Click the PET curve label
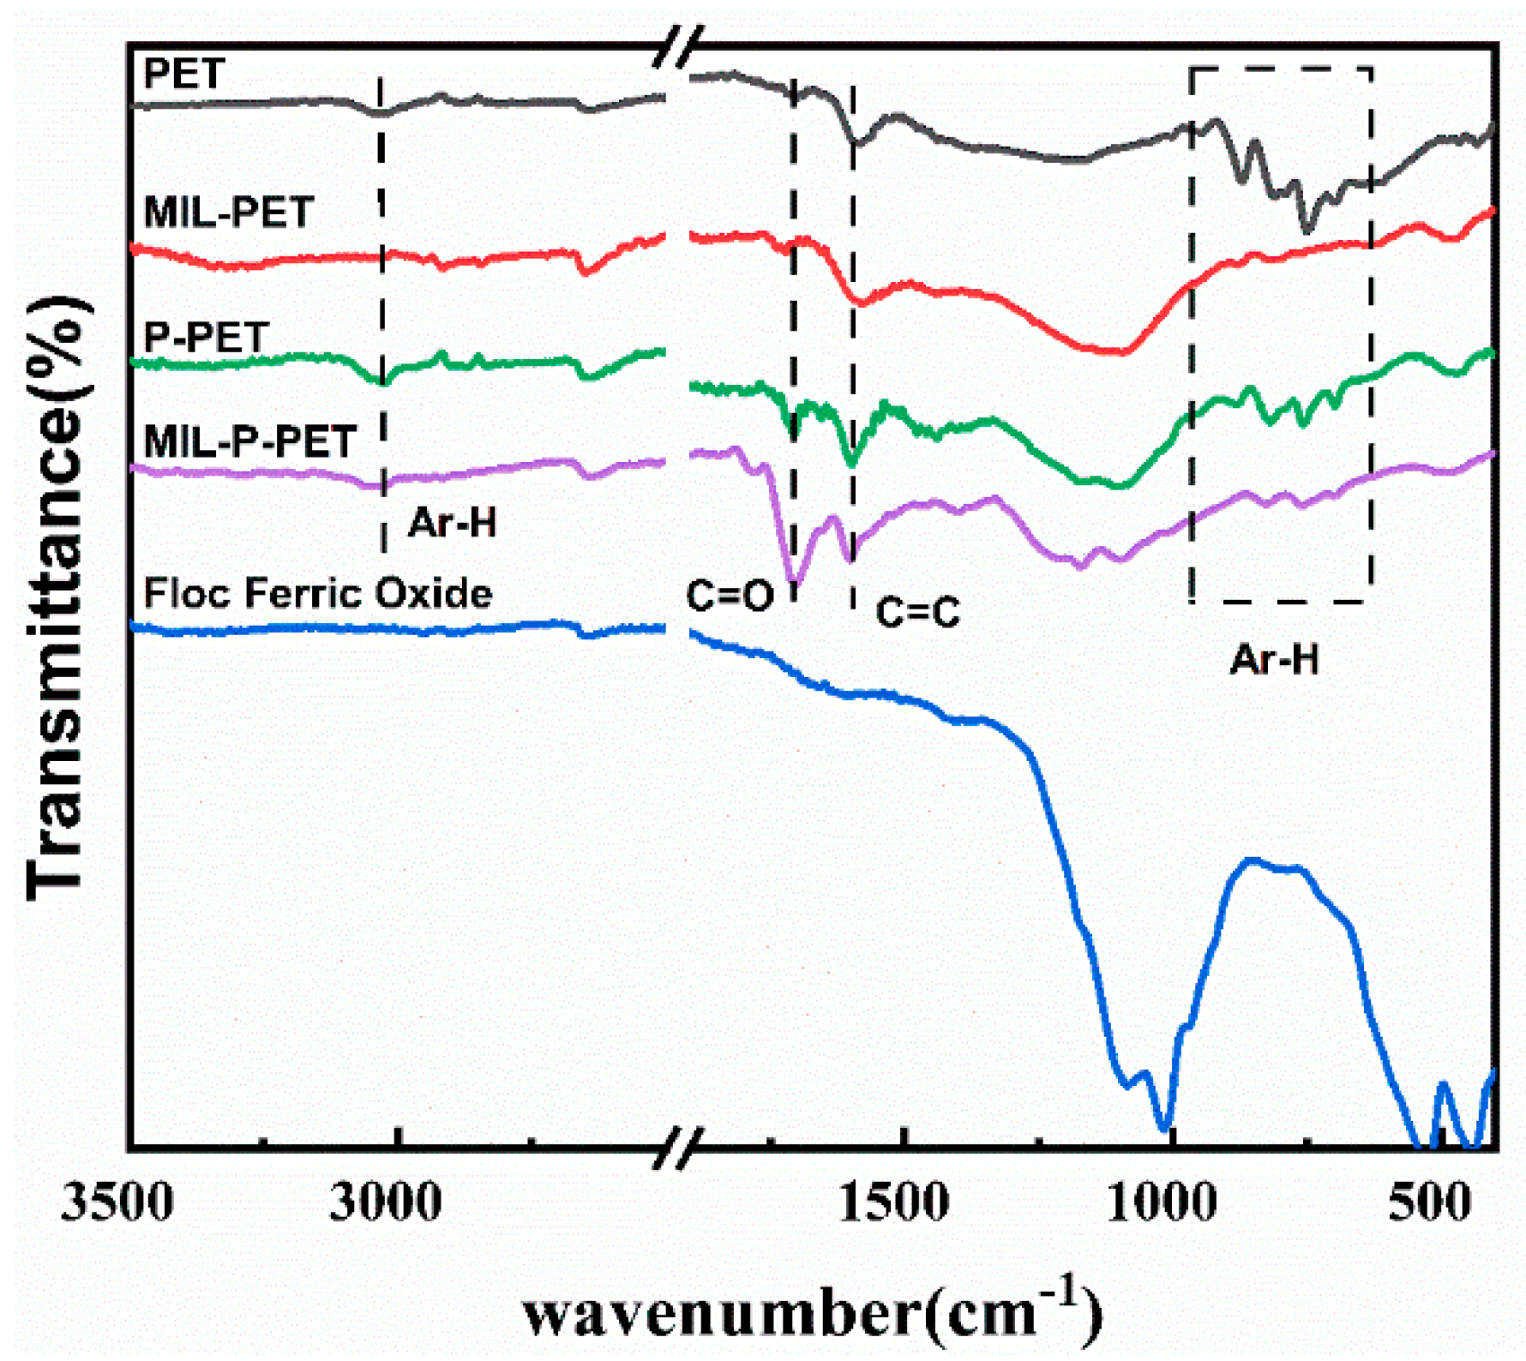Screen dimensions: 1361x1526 coord(184,74)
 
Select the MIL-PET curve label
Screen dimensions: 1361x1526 coord(229,212)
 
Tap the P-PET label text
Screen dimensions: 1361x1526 coord(207,337)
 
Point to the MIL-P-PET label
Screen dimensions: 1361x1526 coord(249,442)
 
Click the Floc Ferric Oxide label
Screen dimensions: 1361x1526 coord(317,593)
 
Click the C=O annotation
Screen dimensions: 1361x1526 coord(730,596)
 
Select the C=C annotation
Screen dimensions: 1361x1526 coord(917,612)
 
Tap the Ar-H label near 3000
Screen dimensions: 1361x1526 coord(453,522)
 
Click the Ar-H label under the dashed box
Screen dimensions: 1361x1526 coord(1274,660)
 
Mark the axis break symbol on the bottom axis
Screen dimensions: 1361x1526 coord(678,1148)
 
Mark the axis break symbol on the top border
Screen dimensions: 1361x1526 coord(678,46)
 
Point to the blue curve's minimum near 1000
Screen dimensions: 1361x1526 coord(1164,1128)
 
